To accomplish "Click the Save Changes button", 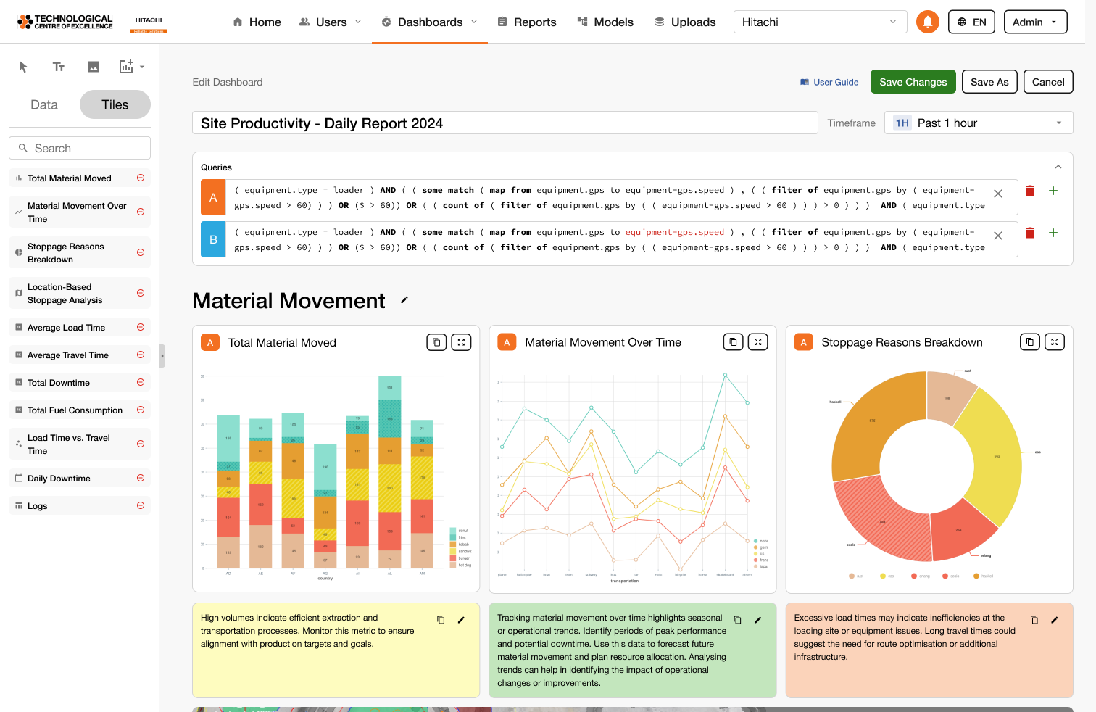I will (913, 82).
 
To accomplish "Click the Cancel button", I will (1047, 82).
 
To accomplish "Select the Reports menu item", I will (527, 22).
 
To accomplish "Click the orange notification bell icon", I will (927, 22).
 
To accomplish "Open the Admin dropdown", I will (1035, 22).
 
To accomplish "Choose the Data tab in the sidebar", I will (44, 104).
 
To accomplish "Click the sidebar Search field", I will (80, 148).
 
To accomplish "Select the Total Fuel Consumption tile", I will (75, 410).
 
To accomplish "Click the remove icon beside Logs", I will (141, 505).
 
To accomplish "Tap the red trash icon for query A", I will (1030, 191).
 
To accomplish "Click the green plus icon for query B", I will (1053, 233).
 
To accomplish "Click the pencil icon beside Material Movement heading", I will (404, 300).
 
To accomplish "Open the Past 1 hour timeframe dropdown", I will (978, 123).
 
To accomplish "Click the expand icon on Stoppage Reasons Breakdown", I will (1055, 342).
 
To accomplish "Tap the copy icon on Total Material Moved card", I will (436, 342).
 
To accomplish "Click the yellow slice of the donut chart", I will (992, 457).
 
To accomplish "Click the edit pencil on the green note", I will (757, 620).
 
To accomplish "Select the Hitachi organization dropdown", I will (820, 22).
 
